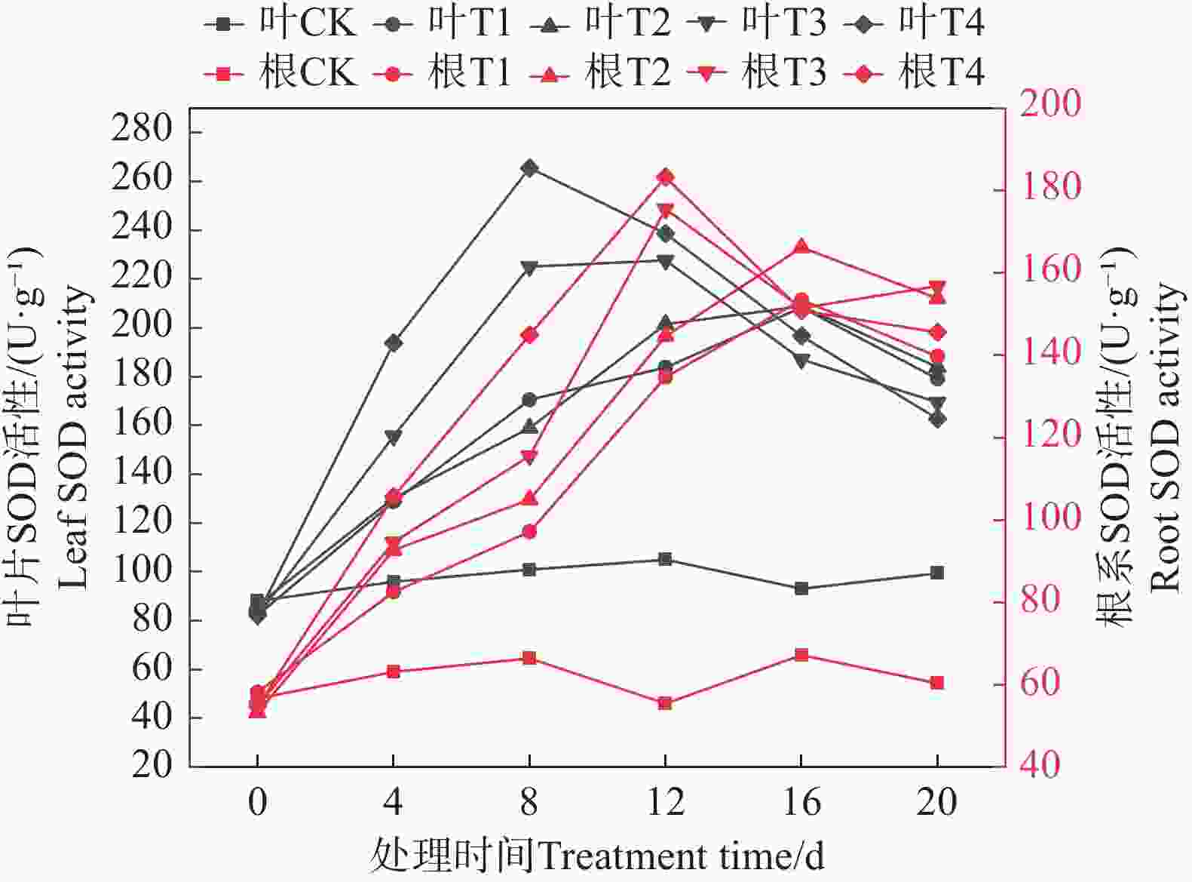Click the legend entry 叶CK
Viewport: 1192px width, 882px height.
click(x=279, y=23)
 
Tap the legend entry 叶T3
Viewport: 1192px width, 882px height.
click(x=757, y=23)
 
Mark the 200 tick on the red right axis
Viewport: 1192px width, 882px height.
click(x=1050, y=104)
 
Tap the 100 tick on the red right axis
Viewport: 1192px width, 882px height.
click(x=1050, y=519)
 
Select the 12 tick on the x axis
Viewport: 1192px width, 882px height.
click(x=665, y=802)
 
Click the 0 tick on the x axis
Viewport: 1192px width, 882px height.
click(x=257, y=802)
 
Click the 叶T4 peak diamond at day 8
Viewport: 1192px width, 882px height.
click(x=529, y=168)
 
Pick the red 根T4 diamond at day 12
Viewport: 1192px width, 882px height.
click(x=665, y=177)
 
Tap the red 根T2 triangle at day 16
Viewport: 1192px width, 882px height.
click(x=801, y=247)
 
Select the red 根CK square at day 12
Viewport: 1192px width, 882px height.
click(x=665, y=703)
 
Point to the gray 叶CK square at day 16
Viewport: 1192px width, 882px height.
click(x=801, y=589)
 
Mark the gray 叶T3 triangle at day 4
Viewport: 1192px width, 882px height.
click(x=393, y=437)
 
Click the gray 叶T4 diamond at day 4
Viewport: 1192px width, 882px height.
click(x=393, y=343)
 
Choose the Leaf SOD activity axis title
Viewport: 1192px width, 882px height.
click(x=74, y=438)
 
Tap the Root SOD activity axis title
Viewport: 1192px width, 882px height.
click(x=1164, y=438)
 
